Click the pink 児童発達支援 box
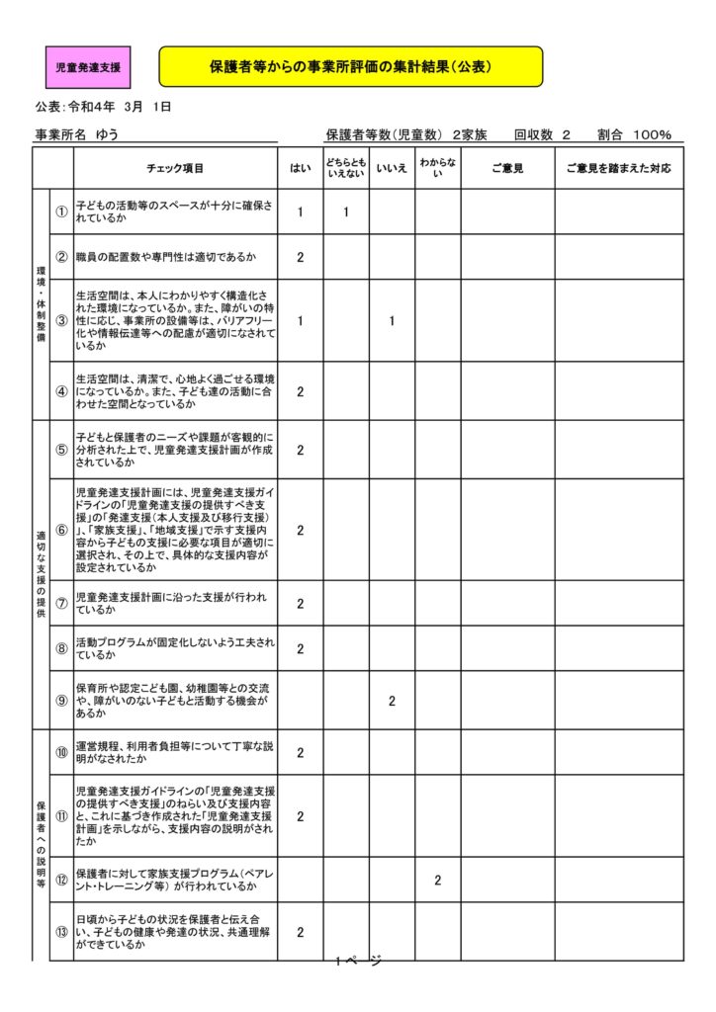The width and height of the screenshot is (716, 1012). pyautogui.click(x=88, y=68)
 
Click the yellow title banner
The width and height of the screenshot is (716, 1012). pyautogui.click(x=351, y=67)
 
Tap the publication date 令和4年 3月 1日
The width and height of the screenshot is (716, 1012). pyautogui.click(x=119, y=107)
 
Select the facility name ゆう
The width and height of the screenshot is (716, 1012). pyautogui.click(x=107, y=135)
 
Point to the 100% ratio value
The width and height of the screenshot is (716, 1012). pyautogui.click(x=653, y=135)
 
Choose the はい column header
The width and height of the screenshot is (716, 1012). pyautogui.click(x=300, y=169)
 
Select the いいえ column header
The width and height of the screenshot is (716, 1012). pyautogui.click(x=392, y=169)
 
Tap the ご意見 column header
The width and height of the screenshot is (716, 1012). pyautogui.click(x=507, y=169)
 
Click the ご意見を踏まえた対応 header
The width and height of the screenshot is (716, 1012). pyautogui.click(x=618, y=169)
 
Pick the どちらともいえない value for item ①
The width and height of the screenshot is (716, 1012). pyautogui.click(x=346, y=211)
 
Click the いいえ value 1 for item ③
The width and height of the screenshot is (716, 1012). pyautogui.click(x=392, y=320)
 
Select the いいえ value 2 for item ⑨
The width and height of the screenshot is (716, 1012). pyautogui.click(x=392, y=701)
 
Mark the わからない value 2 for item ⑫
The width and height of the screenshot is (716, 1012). pyautogui.click(x=437, y=880)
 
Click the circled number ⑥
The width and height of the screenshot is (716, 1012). pyautogui.click(x=61, y=530)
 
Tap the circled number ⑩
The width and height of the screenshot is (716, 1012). pyautogui.click(x=61, y=753)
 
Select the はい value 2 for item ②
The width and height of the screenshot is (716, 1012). pyautogui.click(x=300, y=257)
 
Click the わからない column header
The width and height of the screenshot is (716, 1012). pyautogui.click(x=437, y=169)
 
